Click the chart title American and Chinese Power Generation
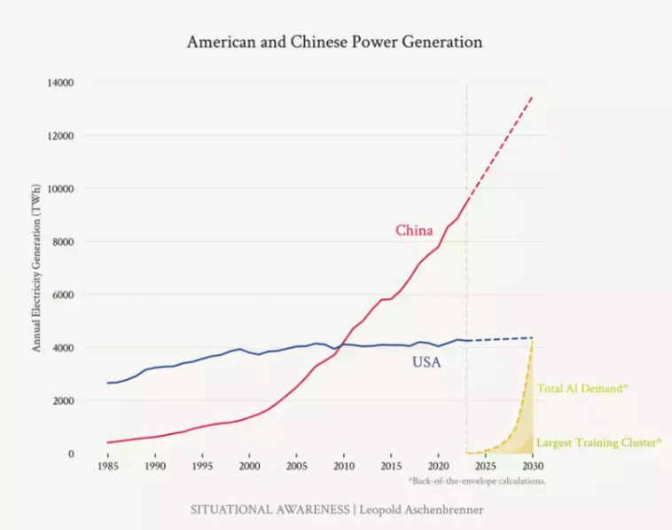click(334, 42)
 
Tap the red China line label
click(414, 231)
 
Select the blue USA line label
click(426, 362)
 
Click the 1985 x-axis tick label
click(108, 466)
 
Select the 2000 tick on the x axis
click(249, 466)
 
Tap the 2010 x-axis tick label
click(344, 466)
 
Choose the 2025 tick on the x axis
click(485, 466)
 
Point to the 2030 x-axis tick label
click(532, 466)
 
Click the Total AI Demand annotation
click(582, 389)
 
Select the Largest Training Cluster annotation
click(599, 441)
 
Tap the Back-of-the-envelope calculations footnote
click(477, 481)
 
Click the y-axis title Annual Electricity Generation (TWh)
click(37, 267)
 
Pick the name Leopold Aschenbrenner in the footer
click(420, 510)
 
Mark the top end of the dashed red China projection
click(533, 96)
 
